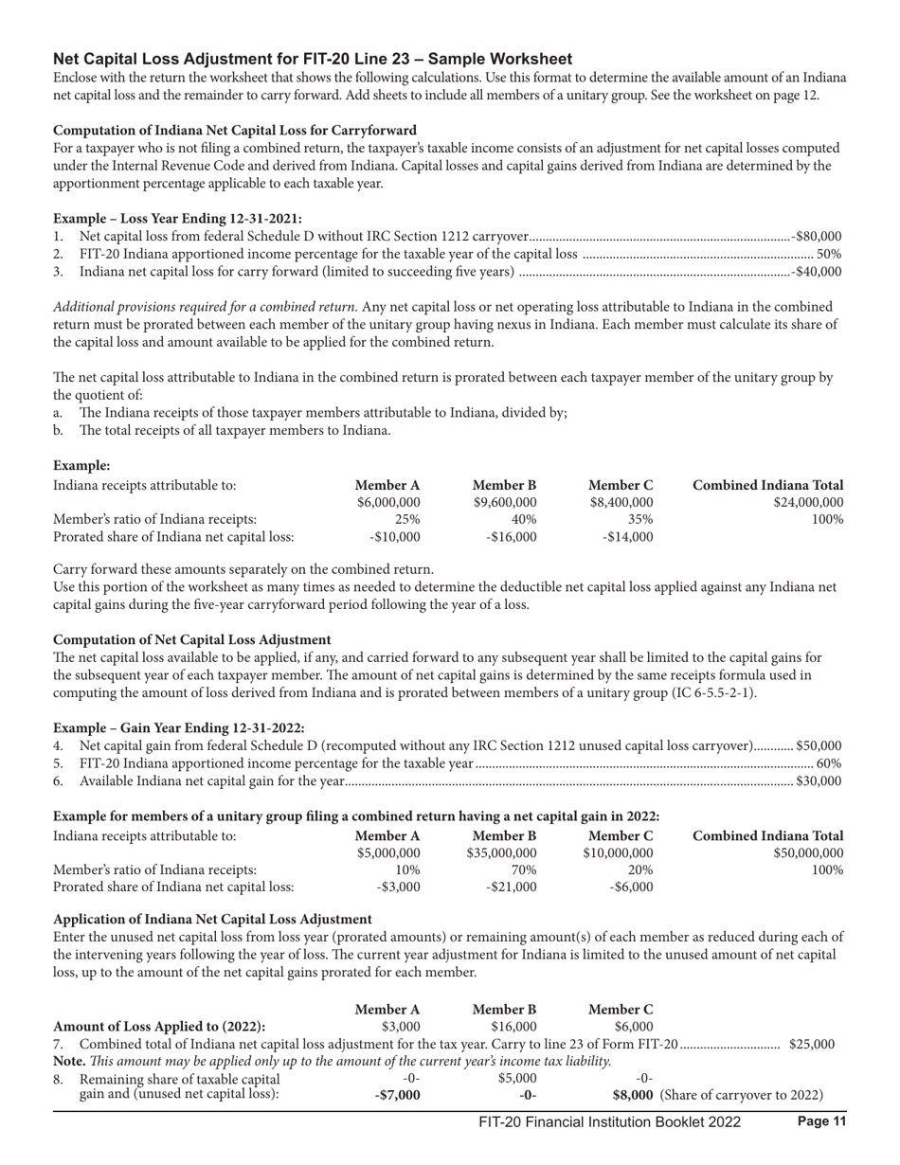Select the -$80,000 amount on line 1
pos(817,236)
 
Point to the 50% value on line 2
pos(830,254)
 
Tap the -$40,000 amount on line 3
pos(817,272)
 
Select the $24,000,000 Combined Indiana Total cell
pos(801,502)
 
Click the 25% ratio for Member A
pos(407,520)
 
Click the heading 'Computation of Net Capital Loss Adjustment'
pos(192,639)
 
